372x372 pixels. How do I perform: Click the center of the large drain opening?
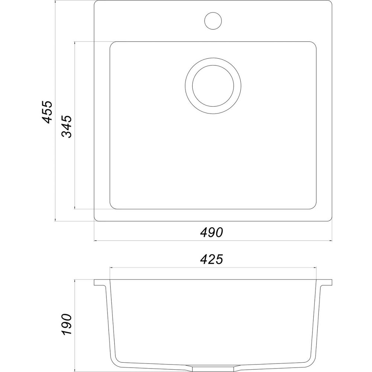coord(213,86)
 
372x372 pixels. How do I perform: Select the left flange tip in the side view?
coord(94,283)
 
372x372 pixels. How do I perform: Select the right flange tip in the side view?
coord(331,283)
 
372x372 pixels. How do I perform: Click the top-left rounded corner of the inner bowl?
coord(112,44)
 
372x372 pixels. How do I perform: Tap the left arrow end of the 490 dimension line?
coord(94,241)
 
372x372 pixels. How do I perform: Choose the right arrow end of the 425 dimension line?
coord(317,268)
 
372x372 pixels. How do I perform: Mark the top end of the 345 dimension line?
coord(75,41)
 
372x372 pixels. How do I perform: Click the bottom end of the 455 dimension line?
coord(55,221)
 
